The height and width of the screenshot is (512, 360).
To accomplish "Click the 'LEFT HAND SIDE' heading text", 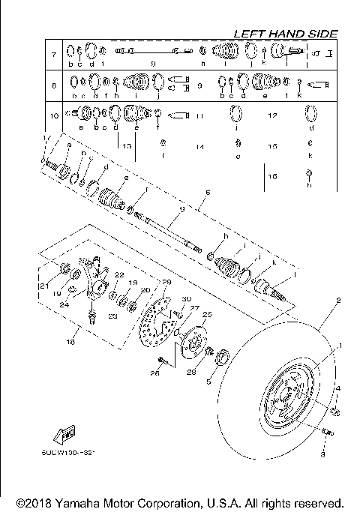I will click(285, 34).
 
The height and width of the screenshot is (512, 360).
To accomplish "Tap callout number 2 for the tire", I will click(338, 301).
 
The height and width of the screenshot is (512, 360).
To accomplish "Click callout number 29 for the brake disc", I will click(166, 281).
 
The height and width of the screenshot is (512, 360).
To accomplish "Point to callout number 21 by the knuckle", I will click(44, 286).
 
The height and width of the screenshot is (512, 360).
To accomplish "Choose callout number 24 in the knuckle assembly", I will click(65, 304).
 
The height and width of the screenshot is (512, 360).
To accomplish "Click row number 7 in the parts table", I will click(53, 55).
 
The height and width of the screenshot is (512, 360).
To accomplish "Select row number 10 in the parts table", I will click(53, 116).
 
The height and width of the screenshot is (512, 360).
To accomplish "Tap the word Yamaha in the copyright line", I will click(73, 502).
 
